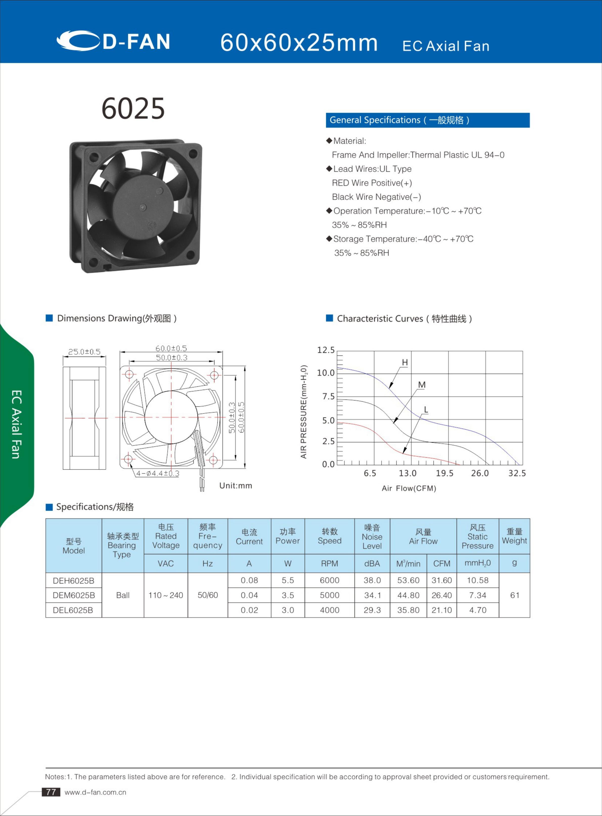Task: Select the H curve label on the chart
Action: point(405,362)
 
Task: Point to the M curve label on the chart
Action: point(422,385)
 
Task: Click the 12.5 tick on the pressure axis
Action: point(326,350)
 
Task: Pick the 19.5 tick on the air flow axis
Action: point(444,473)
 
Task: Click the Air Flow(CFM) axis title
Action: point(409,488)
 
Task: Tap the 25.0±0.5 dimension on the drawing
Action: point(84,352)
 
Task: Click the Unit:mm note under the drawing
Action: point(235,485)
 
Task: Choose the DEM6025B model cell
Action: point(74,595)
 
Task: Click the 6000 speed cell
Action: point(329,580)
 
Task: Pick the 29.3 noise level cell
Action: point(372,610)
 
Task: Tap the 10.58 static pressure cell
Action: point(477,580)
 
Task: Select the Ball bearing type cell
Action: point(123,595)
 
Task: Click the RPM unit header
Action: point(329,563)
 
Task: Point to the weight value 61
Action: point(515,595)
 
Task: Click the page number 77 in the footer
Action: point(51,792)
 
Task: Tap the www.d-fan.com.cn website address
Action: point(96,792)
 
